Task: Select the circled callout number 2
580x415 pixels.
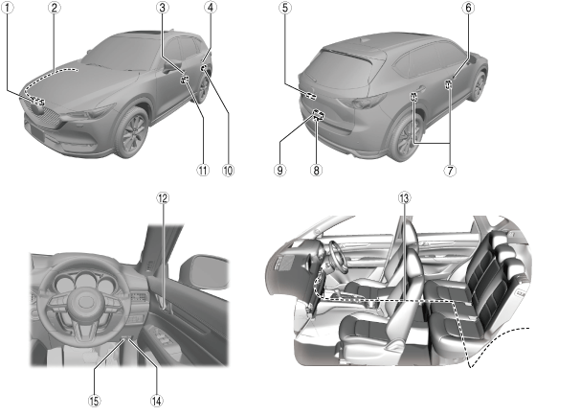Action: [55, 9]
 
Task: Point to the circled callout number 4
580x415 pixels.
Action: [210, 9]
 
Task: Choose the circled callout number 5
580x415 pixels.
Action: [285, 9]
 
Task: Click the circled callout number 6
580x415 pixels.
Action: [468, 9]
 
